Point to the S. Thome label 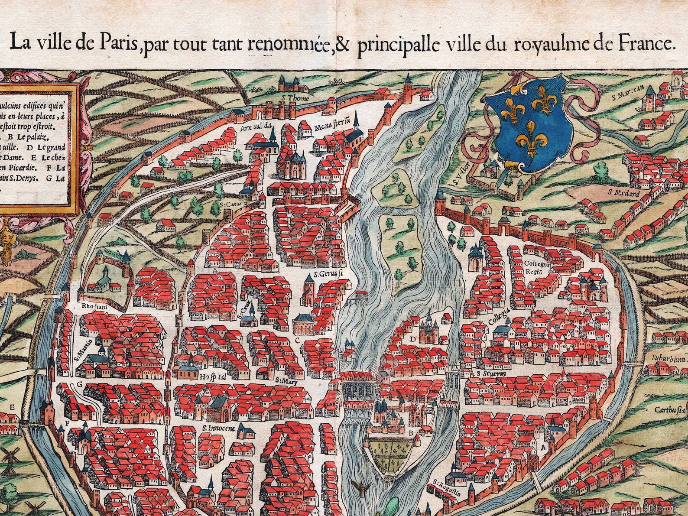295,98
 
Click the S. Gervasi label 328,274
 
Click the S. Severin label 491,373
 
